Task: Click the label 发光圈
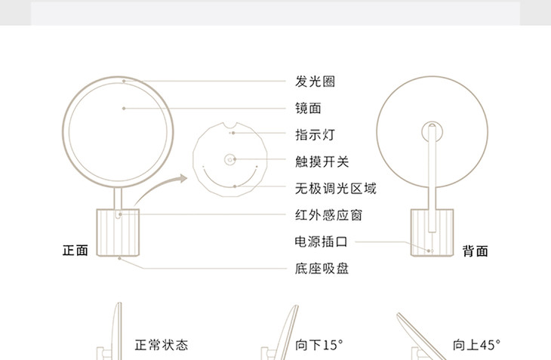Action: [315, 81]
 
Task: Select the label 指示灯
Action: [315, 134]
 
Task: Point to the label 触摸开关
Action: [322, 161]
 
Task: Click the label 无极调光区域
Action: [335, 188]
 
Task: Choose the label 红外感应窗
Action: [328, 215]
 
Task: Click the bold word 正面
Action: [75, 250]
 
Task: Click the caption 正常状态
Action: [161, 345]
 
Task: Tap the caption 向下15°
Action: [319, 345]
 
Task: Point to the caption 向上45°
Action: [476, 345]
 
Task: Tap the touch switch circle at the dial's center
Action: [230, 159]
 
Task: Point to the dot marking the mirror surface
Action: [124, 109]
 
